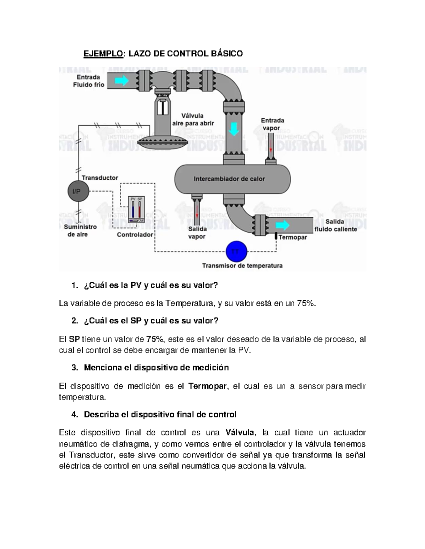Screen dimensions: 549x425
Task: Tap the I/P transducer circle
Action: [x=76, y=192]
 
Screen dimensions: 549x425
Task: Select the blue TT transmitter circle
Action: [x=236, y=252]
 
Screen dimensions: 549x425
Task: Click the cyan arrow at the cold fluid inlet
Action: [x=121, y=81]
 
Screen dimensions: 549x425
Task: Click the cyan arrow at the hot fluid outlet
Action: [x=283, y=225]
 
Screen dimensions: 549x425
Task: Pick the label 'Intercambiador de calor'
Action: [x=229, y=179]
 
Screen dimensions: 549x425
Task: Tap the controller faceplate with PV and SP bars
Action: [x=136, y=209]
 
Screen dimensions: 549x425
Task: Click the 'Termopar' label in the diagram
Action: [x=293, y=237]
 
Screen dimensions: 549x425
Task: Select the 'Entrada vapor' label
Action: [x=272, y=124]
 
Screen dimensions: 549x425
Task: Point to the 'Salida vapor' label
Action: [x=197, y=233]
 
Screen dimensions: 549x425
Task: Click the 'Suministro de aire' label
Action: [x=80, y=230]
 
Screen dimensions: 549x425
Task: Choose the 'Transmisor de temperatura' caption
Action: [x=242, y=266]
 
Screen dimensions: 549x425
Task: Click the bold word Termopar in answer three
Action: [x=207, y=386]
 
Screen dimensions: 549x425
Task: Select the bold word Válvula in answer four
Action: [x=240, y=433]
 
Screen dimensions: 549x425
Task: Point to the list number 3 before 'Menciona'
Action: [x=74, y=368]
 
